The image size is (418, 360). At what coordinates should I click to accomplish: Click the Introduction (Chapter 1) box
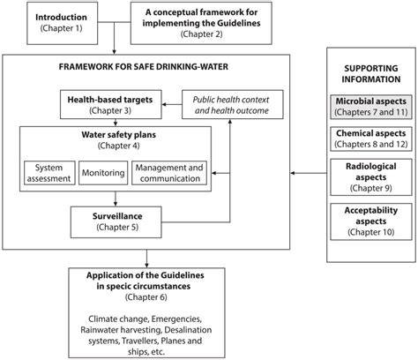[63, 23]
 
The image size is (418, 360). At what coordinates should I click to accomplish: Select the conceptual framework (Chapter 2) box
[201, 23]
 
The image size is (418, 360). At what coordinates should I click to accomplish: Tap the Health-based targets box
[111, 105]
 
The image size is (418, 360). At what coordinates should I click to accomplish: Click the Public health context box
[233, 105]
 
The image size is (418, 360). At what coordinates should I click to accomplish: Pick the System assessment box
[49, 173]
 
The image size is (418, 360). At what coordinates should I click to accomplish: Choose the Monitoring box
[103, 173]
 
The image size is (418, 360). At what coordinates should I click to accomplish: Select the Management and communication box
[169, 173]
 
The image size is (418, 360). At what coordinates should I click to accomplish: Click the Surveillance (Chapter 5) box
[116, 222]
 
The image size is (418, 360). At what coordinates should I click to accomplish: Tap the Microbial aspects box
[371, 107]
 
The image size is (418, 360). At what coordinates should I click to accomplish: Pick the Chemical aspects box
[371, 139]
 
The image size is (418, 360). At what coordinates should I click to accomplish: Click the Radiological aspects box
[371, 177]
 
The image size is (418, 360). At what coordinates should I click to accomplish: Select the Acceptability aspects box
[371, 221]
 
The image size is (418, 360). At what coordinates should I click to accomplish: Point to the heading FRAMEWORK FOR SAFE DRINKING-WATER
[144, 67]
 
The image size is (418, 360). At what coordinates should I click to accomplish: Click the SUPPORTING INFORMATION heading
[371, 74]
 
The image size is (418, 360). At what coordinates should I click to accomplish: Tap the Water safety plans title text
[119, 135]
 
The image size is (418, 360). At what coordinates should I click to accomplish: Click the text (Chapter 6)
[146, 297]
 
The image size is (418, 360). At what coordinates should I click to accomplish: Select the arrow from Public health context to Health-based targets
[172, 104]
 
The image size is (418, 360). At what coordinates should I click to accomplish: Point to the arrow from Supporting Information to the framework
[309, 173]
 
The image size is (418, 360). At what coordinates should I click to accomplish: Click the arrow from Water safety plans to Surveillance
[116, 199]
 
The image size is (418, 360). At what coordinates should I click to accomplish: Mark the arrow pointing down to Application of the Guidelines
[146, 259]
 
